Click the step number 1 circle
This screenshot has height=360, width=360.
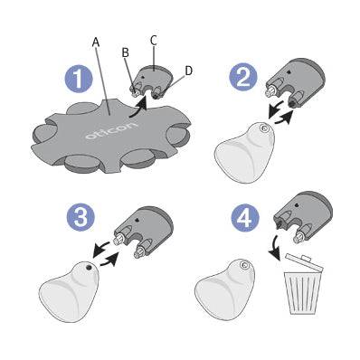(x=79, y=79)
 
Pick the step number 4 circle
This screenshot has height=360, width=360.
(x=245, y=218)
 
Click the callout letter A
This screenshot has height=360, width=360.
(x=95, y=43)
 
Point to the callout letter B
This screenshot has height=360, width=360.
(x=126, y=52)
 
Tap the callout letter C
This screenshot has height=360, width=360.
(x=154, y=41)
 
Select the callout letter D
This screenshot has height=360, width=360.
(x=189, y=71)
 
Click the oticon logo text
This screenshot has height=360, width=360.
(x=110, y=130)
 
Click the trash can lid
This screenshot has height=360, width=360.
(x=303, y=263)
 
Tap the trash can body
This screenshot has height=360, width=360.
(x=301, y=293)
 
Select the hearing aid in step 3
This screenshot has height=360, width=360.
(x=68, y=290)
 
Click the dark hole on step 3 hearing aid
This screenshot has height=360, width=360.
(x=89, y=267)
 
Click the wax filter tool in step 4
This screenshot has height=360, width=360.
(x=302, y=217)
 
